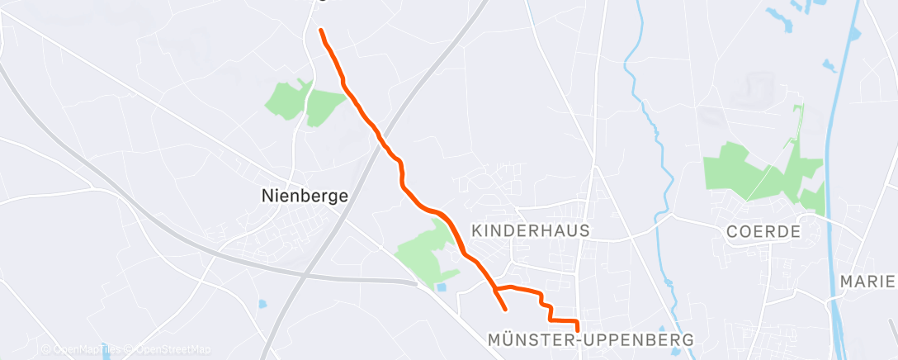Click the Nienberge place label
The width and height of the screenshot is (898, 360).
tap(304, 197)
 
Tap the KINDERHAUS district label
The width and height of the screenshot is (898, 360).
tap(530, 231)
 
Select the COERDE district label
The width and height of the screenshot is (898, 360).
tap(763, 232)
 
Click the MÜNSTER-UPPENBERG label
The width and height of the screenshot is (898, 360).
tap(590, 339)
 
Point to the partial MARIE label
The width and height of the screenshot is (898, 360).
tap(867, 282)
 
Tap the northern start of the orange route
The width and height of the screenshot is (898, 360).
tap(321, 31)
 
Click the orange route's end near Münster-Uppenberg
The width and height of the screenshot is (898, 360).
tap(577, 330)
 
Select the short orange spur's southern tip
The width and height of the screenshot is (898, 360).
tap(505, 310)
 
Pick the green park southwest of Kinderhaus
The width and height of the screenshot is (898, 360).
tap(428, 252)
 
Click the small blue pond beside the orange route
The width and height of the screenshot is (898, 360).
tap(442, 287)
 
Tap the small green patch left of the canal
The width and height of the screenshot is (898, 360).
tap(812, 198)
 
